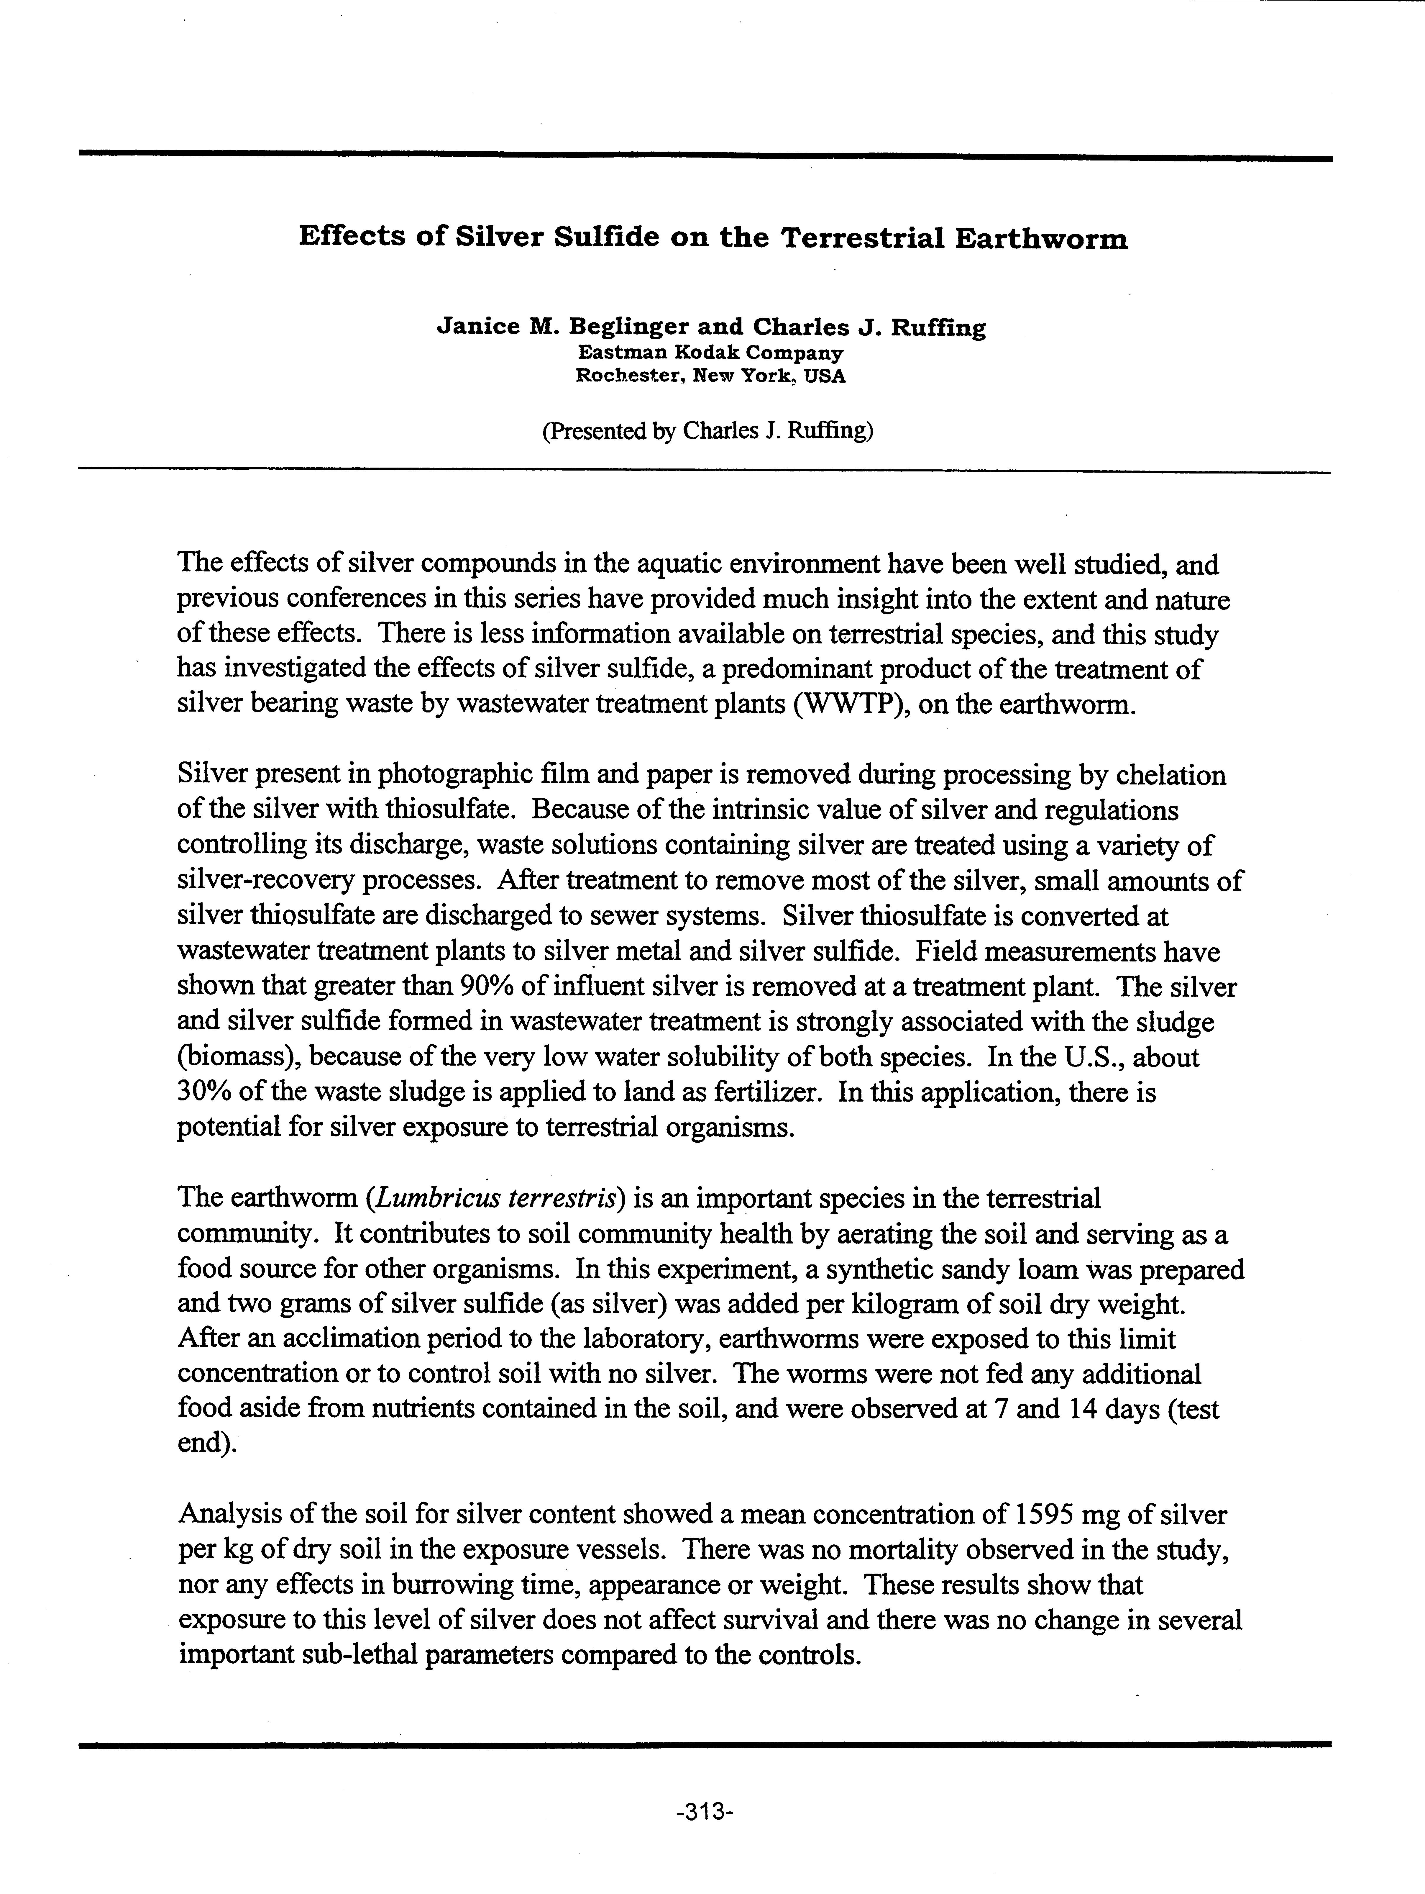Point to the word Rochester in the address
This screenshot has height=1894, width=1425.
click(x=630, y=376)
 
